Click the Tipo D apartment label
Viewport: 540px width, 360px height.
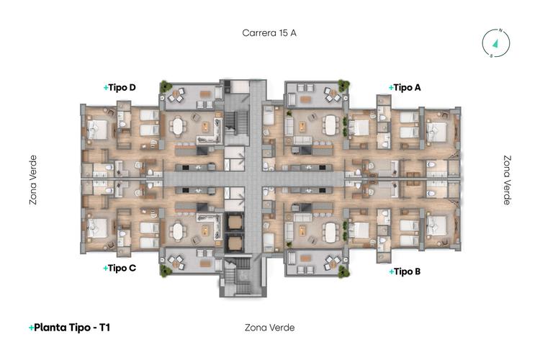tap(120, 88)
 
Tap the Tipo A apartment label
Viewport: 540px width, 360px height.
tap(405, 87)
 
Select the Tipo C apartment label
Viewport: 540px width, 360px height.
tap(120, 269)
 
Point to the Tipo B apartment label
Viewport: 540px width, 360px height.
tap(405, 272)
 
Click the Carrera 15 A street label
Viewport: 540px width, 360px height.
tap(269, 33)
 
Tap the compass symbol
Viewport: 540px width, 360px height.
tap(495, 42)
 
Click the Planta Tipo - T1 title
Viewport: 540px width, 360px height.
tap(69, 328)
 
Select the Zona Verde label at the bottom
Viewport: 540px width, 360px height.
tap(269, 328)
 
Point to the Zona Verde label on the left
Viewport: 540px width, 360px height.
tap(33, 180)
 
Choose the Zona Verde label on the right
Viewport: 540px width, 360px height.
tap(507, 180)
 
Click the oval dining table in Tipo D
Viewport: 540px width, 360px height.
tap(178, 127)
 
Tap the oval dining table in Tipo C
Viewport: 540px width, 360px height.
tap(178, 231)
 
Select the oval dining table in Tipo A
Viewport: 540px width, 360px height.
tap(330, 125)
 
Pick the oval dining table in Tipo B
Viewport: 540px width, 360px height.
tap(330, 232)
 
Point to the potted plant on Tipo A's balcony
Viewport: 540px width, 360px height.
tap(344, 86)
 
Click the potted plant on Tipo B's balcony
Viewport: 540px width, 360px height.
tap(344, 270)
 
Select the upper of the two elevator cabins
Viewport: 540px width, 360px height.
tap(235, 222)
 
